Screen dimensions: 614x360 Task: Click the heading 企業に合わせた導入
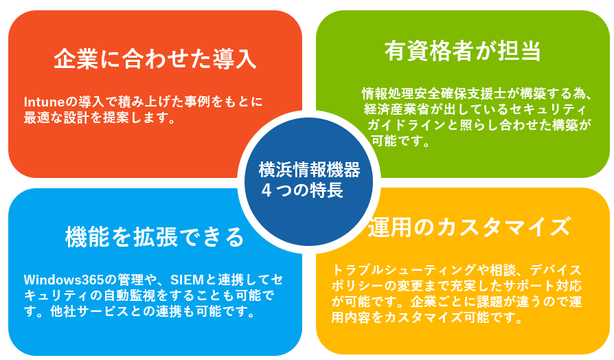pyautogui.click(x=155, y=59)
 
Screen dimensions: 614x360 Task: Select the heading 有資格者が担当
pyautogui.click(x=463, y=51)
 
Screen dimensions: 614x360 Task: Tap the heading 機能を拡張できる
pyautogui.click(x=155, y=237)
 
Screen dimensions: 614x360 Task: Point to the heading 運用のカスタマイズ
pyautogui.click(x=468, y=227)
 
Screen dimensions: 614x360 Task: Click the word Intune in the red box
pyautogui.click(x=44, y=102)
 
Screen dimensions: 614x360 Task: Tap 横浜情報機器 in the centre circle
pyautogui.click(x=309, y=170)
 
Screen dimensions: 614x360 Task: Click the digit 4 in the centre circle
pyautogui.click(x=266, y=190)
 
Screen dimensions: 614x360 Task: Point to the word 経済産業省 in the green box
pyautogui.click(x=397, y=109)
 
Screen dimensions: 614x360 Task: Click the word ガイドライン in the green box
pyautogui.click(x=407, y=124)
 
